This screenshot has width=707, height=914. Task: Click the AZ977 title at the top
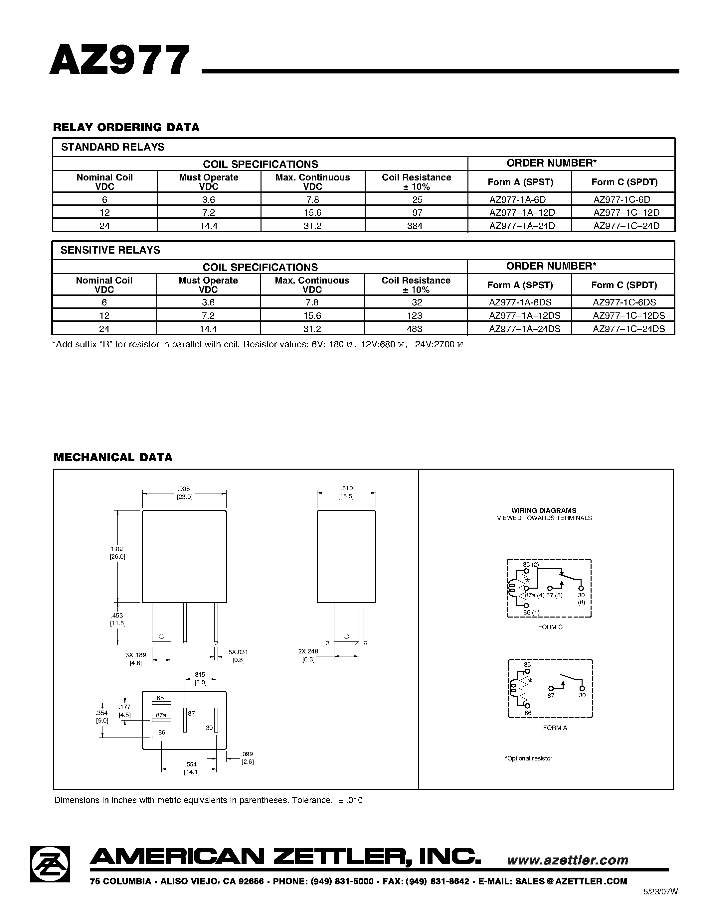point(119,60)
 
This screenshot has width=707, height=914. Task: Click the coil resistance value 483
point(414,329)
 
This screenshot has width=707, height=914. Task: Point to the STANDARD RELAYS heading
point(113,147)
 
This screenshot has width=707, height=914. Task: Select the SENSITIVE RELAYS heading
point(110,250)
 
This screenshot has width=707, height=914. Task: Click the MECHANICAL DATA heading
point(113,457)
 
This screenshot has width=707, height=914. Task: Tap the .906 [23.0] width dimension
point(184,493)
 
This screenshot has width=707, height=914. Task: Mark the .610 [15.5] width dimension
point(346,492)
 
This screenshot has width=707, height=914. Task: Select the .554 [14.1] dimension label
point(191,768)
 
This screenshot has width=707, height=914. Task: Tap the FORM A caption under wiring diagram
point(555,728)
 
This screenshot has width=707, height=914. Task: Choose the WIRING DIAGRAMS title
point(544,511)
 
